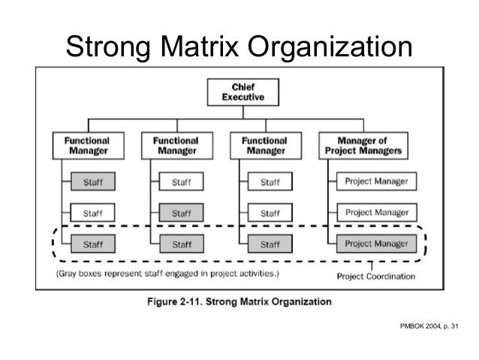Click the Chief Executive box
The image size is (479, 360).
click(242, 92)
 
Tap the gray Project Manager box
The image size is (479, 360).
click(377, 244)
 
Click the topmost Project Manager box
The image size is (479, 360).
click(377, 181)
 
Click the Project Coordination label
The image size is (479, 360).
click(375, 276)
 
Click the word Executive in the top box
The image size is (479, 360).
click(242, 98)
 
